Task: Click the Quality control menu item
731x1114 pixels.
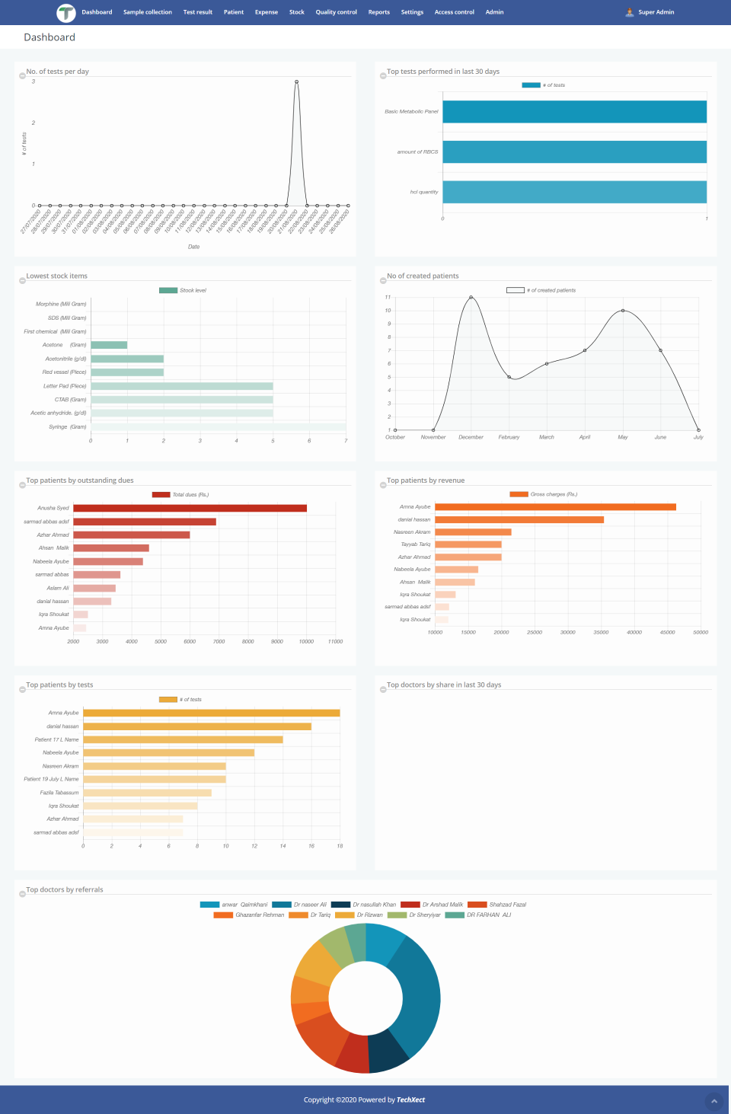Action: click(x=336, y=12)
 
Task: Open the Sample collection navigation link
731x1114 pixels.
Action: click(x=148, y=12)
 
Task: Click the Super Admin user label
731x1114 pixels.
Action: click(x=656, y=12)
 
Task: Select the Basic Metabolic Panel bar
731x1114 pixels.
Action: click(x=574, y=112)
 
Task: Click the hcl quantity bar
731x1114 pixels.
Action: click(x=574, y=192)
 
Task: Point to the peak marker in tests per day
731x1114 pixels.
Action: click(x=296, y=81)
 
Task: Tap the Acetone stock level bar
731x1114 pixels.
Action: click(x=109, y=345)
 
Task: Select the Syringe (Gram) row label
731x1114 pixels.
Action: click(x=67, y=427)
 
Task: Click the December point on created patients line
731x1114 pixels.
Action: click(x=471, y=297)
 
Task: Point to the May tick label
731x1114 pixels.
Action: click(x=622, y=437)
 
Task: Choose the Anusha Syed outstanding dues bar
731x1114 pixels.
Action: click(x=190, y=508)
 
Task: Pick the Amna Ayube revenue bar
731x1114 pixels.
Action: click(x=555, y=507)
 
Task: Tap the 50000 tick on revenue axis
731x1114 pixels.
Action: click(x=701, y=632)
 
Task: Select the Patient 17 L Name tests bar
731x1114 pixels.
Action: click(x=183, y=739)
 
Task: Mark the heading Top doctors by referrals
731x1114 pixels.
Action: click(x=65, y=889)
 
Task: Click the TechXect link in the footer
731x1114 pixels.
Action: click(x=410, y=1100)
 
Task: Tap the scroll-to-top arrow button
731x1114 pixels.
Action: click(x=713, y=1101)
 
